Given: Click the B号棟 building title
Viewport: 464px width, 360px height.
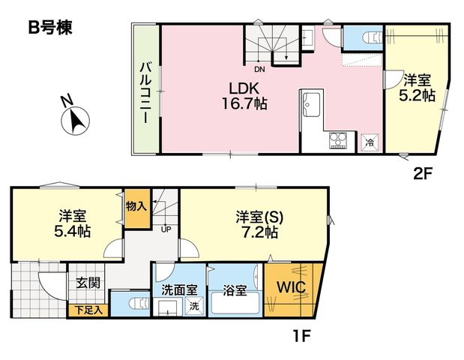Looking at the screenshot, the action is coord(50,28).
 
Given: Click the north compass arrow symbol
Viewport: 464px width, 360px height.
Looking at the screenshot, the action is coord(75,121).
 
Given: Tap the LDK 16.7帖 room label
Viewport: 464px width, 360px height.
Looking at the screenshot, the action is coord(244,96).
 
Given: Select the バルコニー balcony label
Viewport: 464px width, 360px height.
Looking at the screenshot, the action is coord(145,92).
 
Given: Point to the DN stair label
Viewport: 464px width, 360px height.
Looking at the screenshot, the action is coord(259,70).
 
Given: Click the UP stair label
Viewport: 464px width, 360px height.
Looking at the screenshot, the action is coord(166,229).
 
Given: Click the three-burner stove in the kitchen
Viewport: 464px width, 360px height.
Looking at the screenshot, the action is coord(338,140).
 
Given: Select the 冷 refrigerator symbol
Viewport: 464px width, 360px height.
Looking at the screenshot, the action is coord(370,142).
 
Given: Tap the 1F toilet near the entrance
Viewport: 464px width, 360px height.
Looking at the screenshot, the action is coord(140,304).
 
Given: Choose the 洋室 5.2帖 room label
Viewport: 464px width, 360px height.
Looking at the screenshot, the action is coord(417,88).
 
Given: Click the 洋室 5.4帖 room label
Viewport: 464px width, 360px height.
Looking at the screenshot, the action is coord(73,223).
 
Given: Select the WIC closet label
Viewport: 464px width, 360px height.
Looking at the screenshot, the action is coord(291,286).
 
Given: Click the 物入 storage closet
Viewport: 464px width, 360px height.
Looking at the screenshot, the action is coord(137,209).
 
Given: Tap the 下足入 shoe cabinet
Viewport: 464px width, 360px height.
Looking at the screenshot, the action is coord(88,310).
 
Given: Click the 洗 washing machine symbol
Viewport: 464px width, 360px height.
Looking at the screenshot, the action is coord(194,306).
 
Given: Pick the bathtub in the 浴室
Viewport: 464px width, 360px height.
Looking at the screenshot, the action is coord(235,303).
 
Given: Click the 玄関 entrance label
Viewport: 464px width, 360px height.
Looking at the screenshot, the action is coord(88,283).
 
